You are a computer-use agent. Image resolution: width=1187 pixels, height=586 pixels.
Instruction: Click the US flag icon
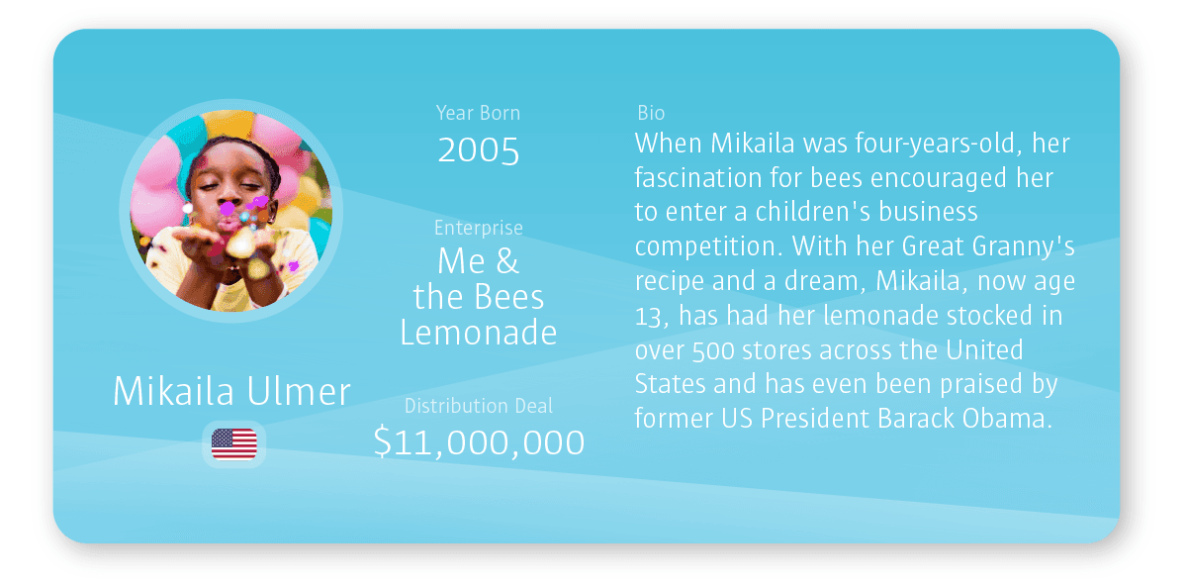pyautogui.click(x=233, y=444)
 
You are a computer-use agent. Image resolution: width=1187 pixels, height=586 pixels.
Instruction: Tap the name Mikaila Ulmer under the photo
pyautogui.click(x=231, y=391)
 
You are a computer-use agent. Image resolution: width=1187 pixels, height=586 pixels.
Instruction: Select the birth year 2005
pyautogui.click(x=479, y=150)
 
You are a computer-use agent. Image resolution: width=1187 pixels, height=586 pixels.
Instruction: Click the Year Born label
pyautogui.click(x=478, y=113)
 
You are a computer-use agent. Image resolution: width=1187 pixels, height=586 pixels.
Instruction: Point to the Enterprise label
pyautogui.click(x=479, y=228)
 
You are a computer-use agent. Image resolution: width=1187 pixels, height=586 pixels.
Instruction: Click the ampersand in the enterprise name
pyautogui.click(x=507, y=261)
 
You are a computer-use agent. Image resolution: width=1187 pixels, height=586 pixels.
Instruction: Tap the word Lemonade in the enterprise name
pyautogui.click(x=479, y=333)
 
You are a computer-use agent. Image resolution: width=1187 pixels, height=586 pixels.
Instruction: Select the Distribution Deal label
pyautogui.click(x=479, y=406)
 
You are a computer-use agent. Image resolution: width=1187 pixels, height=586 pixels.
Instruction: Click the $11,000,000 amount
pyautogui.click(x=479, y=442)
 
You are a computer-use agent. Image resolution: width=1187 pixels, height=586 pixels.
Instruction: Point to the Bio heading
pyautogui.click(x=651, y=113)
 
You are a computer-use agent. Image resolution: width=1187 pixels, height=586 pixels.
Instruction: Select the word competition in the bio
pyautogui.click(x=708, y=246)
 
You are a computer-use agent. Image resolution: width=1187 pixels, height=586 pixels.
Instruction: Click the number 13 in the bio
pyautogui.click(x=649, y=317)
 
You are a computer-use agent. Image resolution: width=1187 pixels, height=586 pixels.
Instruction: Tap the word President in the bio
pyautogui.click(x=815, y=419)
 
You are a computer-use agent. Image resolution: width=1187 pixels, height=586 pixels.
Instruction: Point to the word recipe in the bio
pyautogui.click(x=670, y=281)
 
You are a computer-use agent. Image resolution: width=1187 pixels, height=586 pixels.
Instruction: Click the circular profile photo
pyautogui.click(x=231, y=211)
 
